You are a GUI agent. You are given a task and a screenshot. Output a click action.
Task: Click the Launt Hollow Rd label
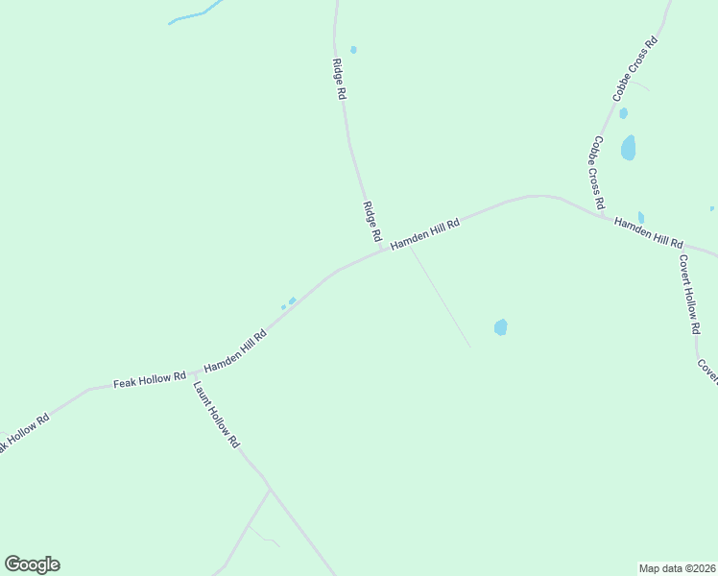tap(216, 416)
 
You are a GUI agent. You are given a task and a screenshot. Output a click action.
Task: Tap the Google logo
tap(32, 564)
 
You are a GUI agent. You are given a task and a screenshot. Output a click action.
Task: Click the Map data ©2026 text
tap(678, 567)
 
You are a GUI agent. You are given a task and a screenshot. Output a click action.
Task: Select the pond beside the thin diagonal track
tap(500, 327)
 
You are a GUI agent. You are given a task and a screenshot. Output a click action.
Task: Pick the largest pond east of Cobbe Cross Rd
tap(628, 148)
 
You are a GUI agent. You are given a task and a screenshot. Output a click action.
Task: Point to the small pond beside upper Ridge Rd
tap(353, 50)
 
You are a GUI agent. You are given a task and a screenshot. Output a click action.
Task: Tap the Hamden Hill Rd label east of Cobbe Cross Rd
tap(649, 232)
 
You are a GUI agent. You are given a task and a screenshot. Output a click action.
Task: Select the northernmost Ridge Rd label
tap(338, 81)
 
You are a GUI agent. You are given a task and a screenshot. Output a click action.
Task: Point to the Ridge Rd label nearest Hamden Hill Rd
tap(372, 221)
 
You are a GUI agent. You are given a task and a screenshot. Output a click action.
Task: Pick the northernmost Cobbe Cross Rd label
tap(635, 70)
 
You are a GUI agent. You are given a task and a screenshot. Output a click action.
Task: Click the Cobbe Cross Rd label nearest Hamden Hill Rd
tap(597, 173)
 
